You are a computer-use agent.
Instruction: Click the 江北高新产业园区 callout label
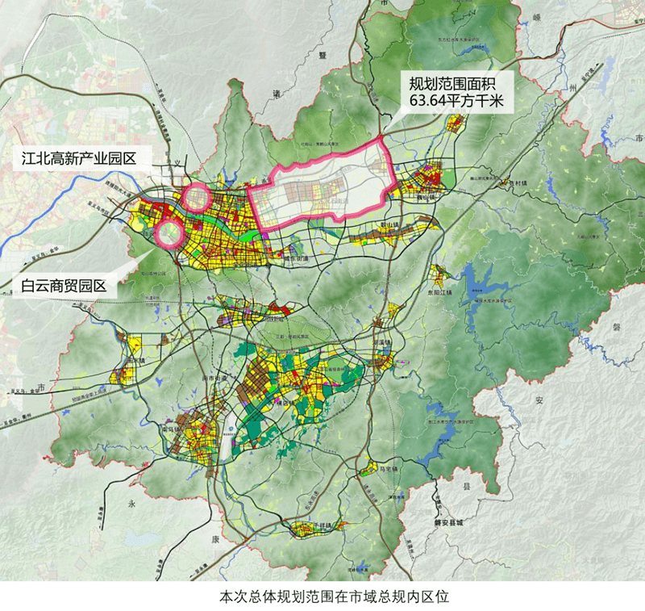point(77,158)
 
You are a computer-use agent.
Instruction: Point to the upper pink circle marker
point(195,196)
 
